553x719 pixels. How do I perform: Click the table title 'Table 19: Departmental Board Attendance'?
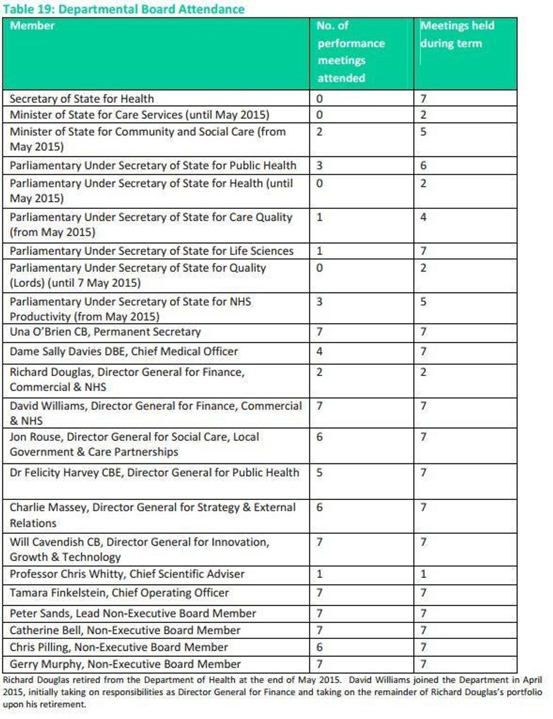[124, 9]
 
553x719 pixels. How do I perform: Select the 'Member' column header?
[32, 25]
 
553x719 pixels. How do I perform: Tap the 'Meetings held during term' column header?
[457, 34]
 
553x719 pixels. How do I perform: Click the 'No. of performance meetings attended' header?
[350, 52]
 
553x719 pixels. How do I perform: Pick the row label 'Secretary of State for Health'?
[81, 99]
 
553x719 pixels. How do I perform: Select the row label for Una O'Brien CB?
[105, 332]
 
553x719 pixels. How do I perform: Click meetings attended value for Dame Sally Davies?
[319, 352]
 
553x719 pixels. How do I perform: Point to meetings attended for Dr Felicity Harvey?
[319, 472]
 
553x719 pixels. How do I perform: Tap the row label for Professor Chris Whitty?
[127, 574]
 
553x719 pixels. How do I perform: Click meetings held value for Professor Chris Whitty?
[423, 575]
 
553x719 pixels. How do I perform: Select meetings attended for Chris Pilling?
[319, 647]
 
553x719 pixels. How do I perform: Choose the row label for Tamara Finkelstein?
[119, 593]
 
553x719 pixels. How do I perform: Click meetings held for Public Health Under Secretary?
[423, 166]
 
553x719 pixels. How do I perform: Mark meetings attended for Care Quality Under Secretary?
[319, 217]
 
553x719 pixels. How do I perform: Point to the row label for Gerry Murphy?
[125, 664]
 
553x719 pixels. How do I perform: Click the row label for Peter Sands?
[133, 613]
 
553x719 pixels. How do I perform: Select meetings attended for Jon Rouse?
[319, 437]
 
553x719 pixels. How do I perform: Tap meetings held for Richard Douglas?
[423, 372]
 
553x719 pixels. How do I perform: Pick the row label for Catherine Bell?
[125, 630]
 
